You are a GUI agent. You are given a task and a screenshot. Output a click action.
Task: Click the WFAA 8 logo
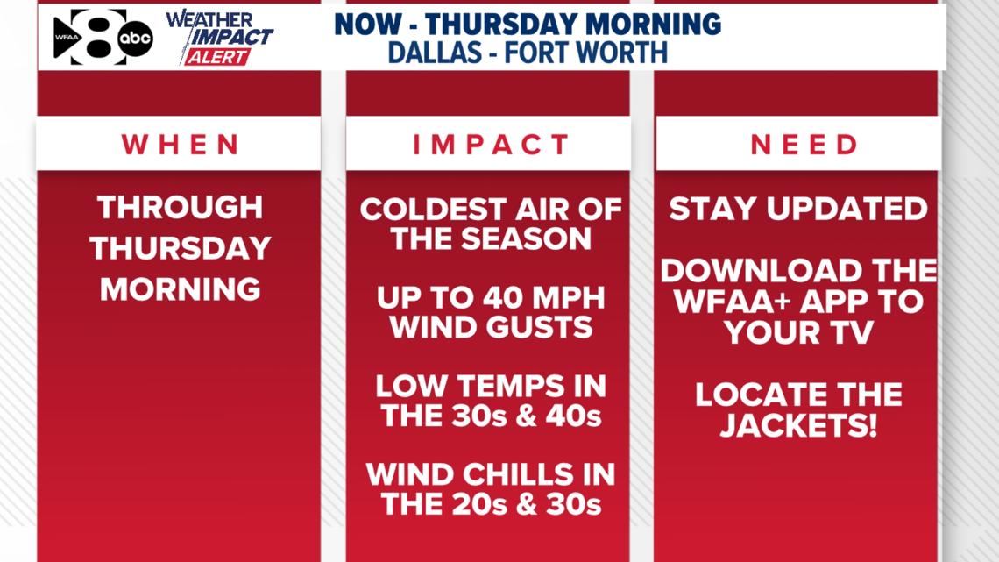[88, 38]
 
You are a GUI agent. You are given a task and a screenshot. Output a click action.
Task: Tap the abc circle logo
[135, 37]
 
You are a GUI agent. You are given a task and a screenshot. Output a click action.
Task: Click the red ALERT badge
[216, 57]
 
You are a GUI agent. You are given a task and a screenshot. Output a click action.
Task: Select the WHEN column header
[181, 145]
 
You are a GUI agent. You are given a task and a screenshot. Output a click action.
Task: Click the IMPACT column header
[491, 145]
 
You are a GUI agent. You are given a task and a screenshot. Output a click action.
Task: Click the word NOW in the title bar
[368, 24]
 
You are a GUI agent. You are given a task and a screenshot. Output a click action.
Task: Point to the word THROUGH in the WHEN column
[181, 208]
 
